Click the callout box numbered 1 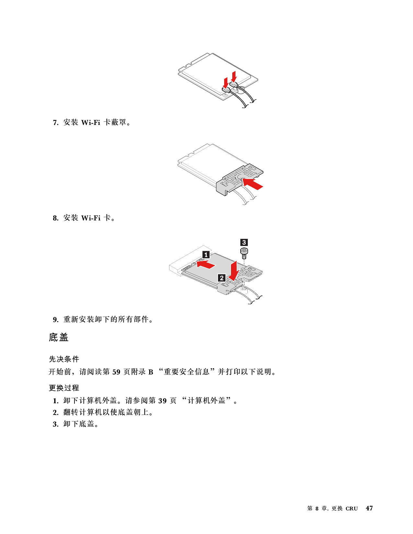pyautogui.click(x=206, y=255)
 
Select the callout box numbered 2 pyautogui.click(x=222, y=278)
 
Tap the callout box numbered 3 pyautogui.click(x=244, y=242)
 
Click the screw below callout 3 pyautogui.click(x=244, y=253)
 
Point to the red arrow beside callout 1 pyautogui.click(x=206, y=264)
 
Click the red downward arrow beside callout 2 pyautogui.click(x=234, y=271)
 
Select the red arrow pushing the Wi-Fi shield pyautogui.click(x=252, y=184)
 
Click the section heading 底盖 pyautogui.click(x=59, y=337)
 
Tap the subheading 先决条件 pyautogui.click(x=64, y=359)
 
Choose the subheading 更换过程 pyautogui.click(x=64, y=388)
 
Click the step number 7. pyautogui.click(x=56, y=122)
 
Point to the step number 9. pyautogui.click(x=56, y=319)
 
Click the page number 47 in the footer pyautogui.click(x=369, y=508)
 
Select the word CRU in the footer pyautogui.click(x=351, y=508)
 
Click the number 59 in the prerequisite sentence pyautogui.click(x=116, y=372)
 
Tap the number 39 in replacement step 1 pyautogui.click(x=162, y=401)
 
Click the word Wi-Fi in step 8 pyautogui.click(x=91, y=218)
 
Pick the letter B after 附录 pyautogui.click(x=151, y=372)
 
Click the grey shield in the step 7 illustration pyautogui.click(x=240, y=178)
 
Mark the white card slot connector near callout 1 pyautogui.click(x=189, y=261)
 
